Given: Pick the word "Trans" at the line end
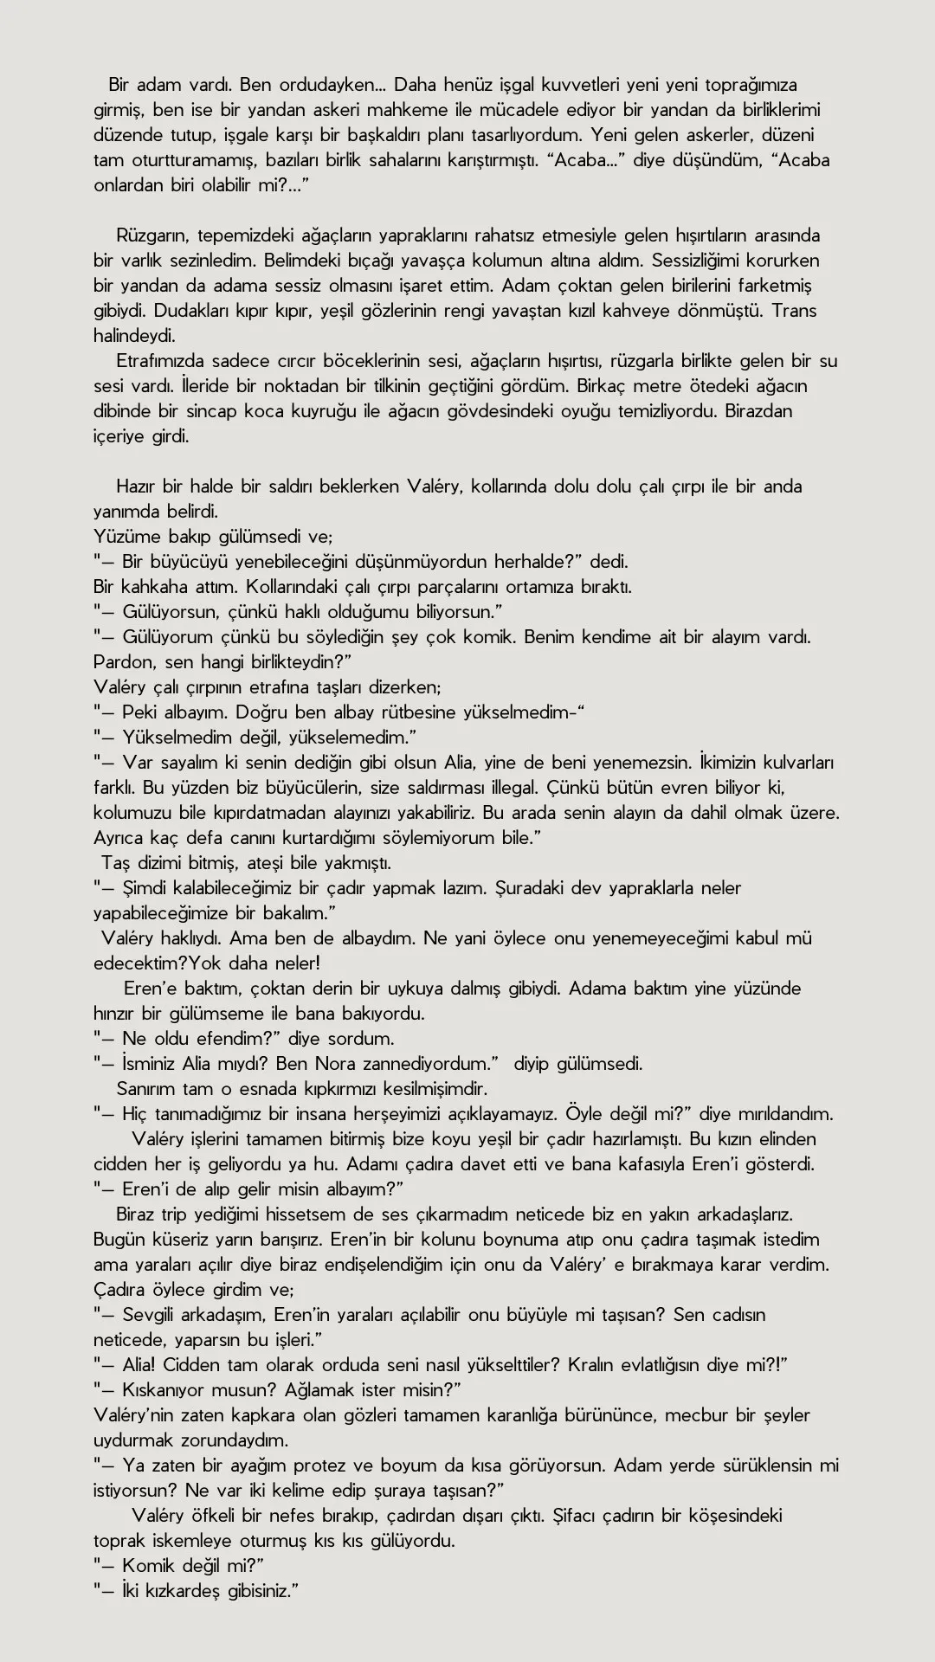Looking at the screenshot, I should pyautogui.click(x=793, y=311).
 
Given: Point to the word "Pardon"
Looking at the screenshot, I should pyautogui.click(x=119, y=662).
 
